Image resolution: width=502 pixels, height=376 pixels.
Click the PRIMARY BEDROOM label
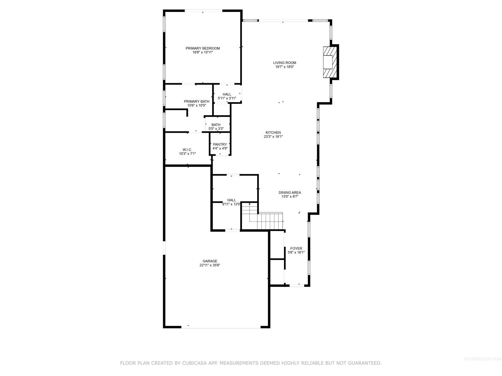[x=203, y=48]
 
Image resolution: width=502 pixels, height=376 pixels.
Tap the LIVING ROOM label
[x=284, y=63]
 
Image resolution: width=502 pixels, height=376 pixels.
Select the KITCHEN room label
[x=273, y=133]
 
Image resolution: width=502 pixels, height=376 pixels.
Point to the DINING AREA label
[x=290, y=193]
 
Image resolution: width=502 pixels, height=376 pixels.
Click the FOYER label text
[x=296, y=249]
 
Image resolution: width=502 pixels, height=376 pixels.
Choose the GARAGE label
[x=210, y=261]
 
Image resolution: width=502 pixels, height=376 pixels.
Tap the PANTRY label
[x=220, y=144]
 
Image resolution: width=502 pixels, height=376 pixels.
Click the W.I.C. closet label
[x=187, y=150]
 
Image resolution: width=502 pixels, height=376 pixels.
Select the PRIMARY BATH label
[x=197, y=102]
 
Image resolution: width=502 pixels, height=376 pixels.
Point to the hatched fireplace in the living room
[x=330, y=62]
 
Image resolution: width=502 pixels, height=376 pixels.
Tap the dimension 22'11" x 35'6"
[x=210, y=265]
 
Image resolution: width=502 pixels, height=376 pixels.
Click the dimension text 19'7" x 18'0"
[x=284, y=67]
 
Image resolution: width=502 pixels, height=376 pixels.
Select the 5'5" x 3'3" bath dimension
[x=216, y=129]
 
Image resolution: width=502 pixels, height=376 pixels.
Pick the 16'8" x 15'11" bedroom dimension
[x=203, y=53]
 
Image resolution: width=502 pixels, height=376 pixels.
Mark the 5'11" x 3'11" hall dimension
[x=227, y=99]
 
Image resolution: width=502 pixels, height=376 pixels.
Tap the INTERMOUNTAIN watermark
[x=482, y=359]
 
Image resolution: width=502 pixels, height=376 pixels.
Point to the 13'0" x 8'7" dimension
[x=290, y=197]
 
